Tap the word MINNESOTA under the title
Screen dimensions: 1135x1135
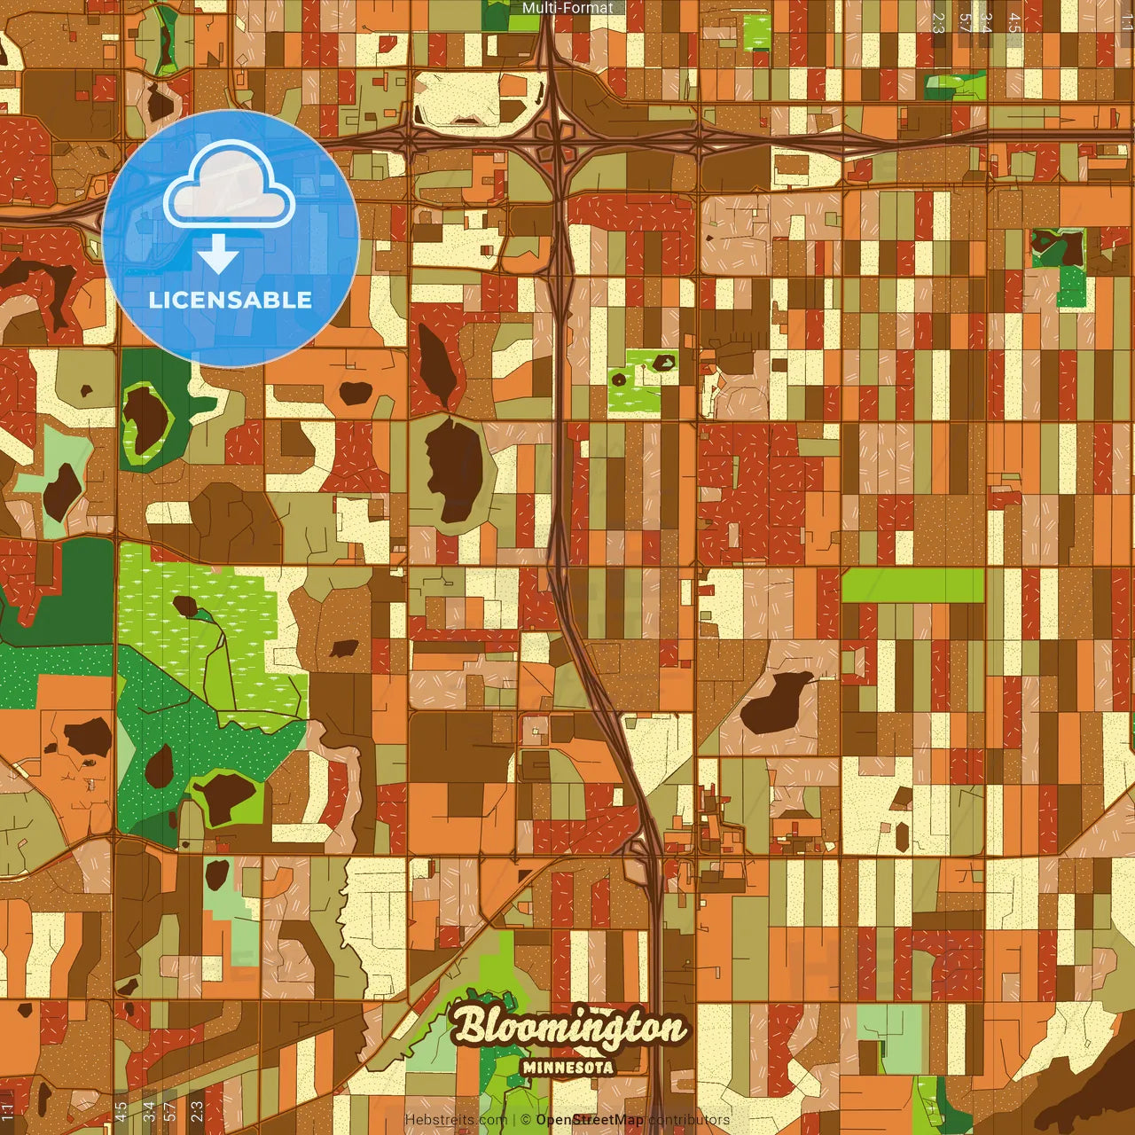click(x=567, y=1068)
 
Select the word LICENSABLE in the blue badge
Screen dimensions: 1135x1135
click(x=231, y=300)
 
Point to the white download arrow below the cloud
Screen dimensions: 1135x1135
click(x=218, y=254)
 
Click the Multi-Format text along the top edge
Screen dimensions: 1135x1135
click(x=567, y=8)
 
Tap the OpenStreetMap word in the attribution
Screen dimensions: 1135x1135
click(x=589, y=1120)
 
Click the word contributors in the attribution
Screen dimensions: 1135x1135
click(x=689, y=1120)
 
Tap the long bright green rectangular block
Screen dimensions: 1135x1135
click(x=912, y=585)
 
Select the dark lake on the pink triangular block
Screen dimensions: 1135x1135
click(x=775, y=701)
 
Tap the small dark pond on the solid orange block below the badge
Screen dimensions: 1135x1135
click(x=355, y=393)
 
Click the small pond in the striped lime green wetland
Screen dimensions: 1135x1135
click(x=186, y=607)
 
